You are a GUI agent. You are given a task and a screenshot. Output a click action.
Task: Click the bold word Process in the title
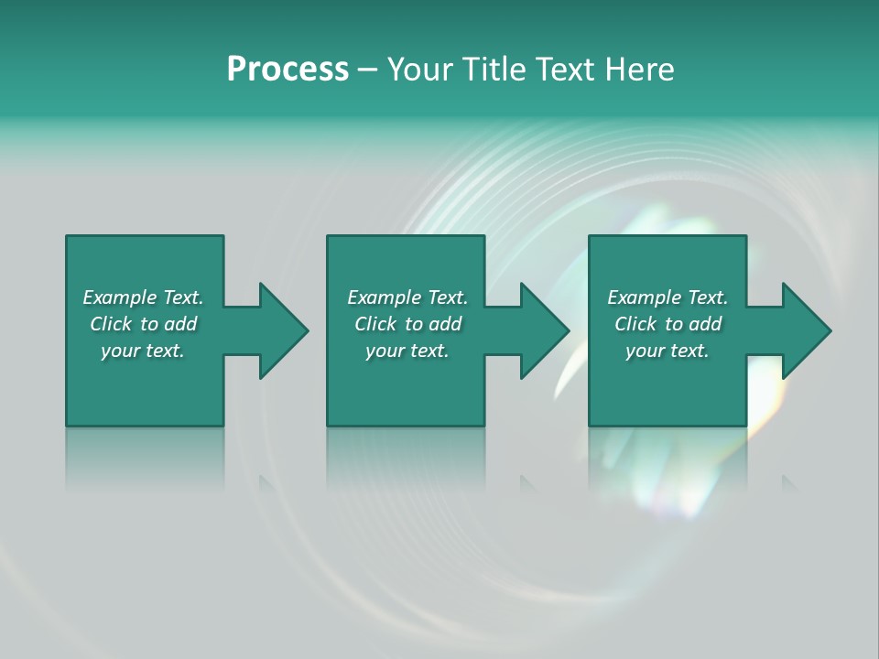[x=288, y=70]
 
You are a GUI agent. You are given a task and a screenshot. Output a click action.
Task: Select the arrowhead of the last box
[x=805, y=330]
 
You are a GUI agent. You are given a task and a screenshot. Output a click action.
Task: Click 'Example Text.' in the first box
[x=143, y=297]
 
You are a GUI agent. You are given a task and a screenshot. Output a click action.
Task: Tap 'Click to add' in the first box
[x=143, y=324]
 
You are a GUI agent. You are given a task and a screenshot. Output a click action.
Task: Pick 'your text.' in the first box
[x=143, y=351]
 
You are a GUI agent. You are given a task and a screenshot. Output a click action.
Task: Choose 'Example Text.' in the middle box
[x=407, y=297]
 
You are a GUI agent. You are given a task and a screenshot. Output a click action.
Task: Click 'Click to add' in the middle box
[x=407, y=324]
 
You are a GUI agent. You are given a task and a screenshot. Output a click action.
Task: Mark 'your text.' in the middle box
[x=407, y=351]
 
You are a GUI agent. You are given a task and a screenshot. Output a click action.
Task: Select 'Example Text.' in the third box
[x=667, y=297]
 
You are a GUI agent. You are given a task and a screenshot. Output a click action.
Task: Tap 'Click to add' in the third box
[x=667, y=324]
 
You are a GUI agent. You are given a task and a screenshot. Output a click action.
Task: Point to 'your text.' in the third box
[x=667, y=351]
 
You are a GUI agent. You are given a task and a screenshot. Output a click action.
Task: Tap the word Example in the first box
[x=120, y=297]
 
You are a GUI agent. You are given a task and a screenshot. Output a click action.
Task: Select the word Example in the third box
[x=645, y=297]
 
